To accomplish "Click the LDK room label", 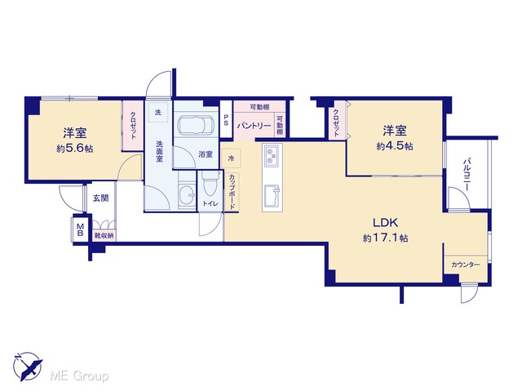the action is [385, 222].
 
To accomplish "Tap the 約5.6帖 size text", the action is [74, 149].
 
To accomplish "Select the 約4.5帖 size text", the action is [395, 146].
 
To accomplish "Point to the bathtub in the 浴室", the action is [195, 126].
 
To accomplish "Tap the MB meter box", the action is [80, 229].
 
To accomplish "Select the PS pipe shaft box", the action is [226, 120].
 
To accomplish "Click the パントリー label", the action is [254, 126].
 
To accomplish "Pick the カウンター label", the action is [466, 265].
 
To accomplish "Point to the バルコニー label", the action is [466, 175].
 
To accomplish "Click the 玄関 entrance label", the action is [100, 198].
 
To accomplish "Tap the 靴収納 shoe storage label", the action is [104, 236].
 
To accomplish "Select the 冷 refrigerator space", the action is [231, 158].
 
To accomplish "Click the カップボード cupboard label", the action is [232, 192].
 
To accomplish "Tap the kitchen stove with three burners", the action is [272, 156].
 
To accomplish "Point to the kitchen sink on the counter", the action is [272, 196].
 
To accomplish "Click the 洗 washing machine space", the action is [158, 113].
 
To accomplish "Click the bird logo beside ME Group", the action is [28, 366].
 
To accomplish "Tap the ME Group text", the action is [79, 376].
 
